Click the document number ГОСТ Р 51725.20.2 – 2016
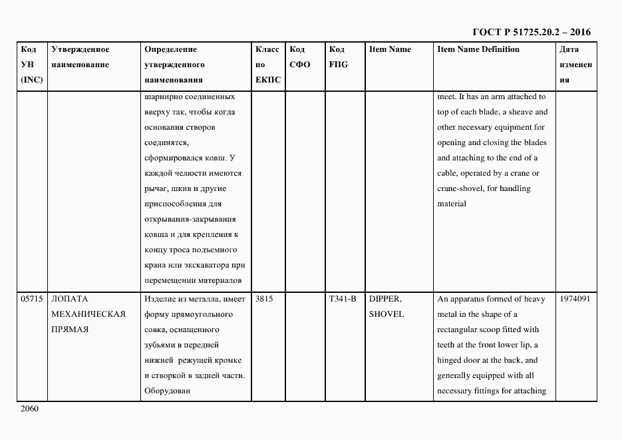tap(531, 32)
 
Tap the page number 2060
tap(31, 409)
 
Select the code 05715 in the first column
tap(31, 299)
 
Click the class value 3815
tap(264, 299)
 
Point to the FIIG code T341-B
tap(343, 299)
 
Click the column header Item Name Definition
tap(478, 49)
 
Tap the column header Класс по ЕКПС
tap(268, 65)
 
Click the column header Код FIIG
tap(338, 57)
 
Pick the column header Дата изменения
tap(575, 65)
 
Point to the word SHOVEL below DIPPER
tap(386, 314)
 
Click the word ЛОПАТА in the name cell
tap(70, 299)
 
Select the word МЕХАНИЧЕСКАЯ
tap(88, 314)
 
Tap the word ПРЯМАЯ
tap(71, 330)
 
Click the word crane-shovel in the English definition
tap(462, 188)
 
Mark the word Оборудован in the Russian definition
tap(167, 391)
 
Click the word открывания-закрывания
tap(190, 219)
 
